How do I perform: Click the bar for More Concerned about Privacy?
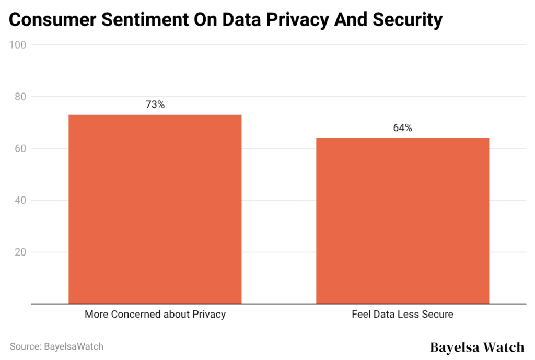point(155,209)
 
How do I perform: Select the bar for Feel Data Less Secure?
point(403,220)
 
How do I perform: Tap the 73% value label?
point(155,104)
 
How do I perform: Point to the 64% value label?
point(403,128)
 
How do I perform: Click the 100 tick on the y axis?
point(18,45)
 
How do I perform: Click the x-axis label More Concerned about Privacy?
point(155,315)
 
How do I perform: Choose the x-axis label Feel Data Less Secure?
point(403,315)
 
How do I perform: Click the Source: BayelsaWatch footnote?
point(56,346)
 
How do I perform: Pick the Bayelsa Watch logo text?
point(476,347)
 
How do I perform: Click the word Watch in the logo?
point(502,347)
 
